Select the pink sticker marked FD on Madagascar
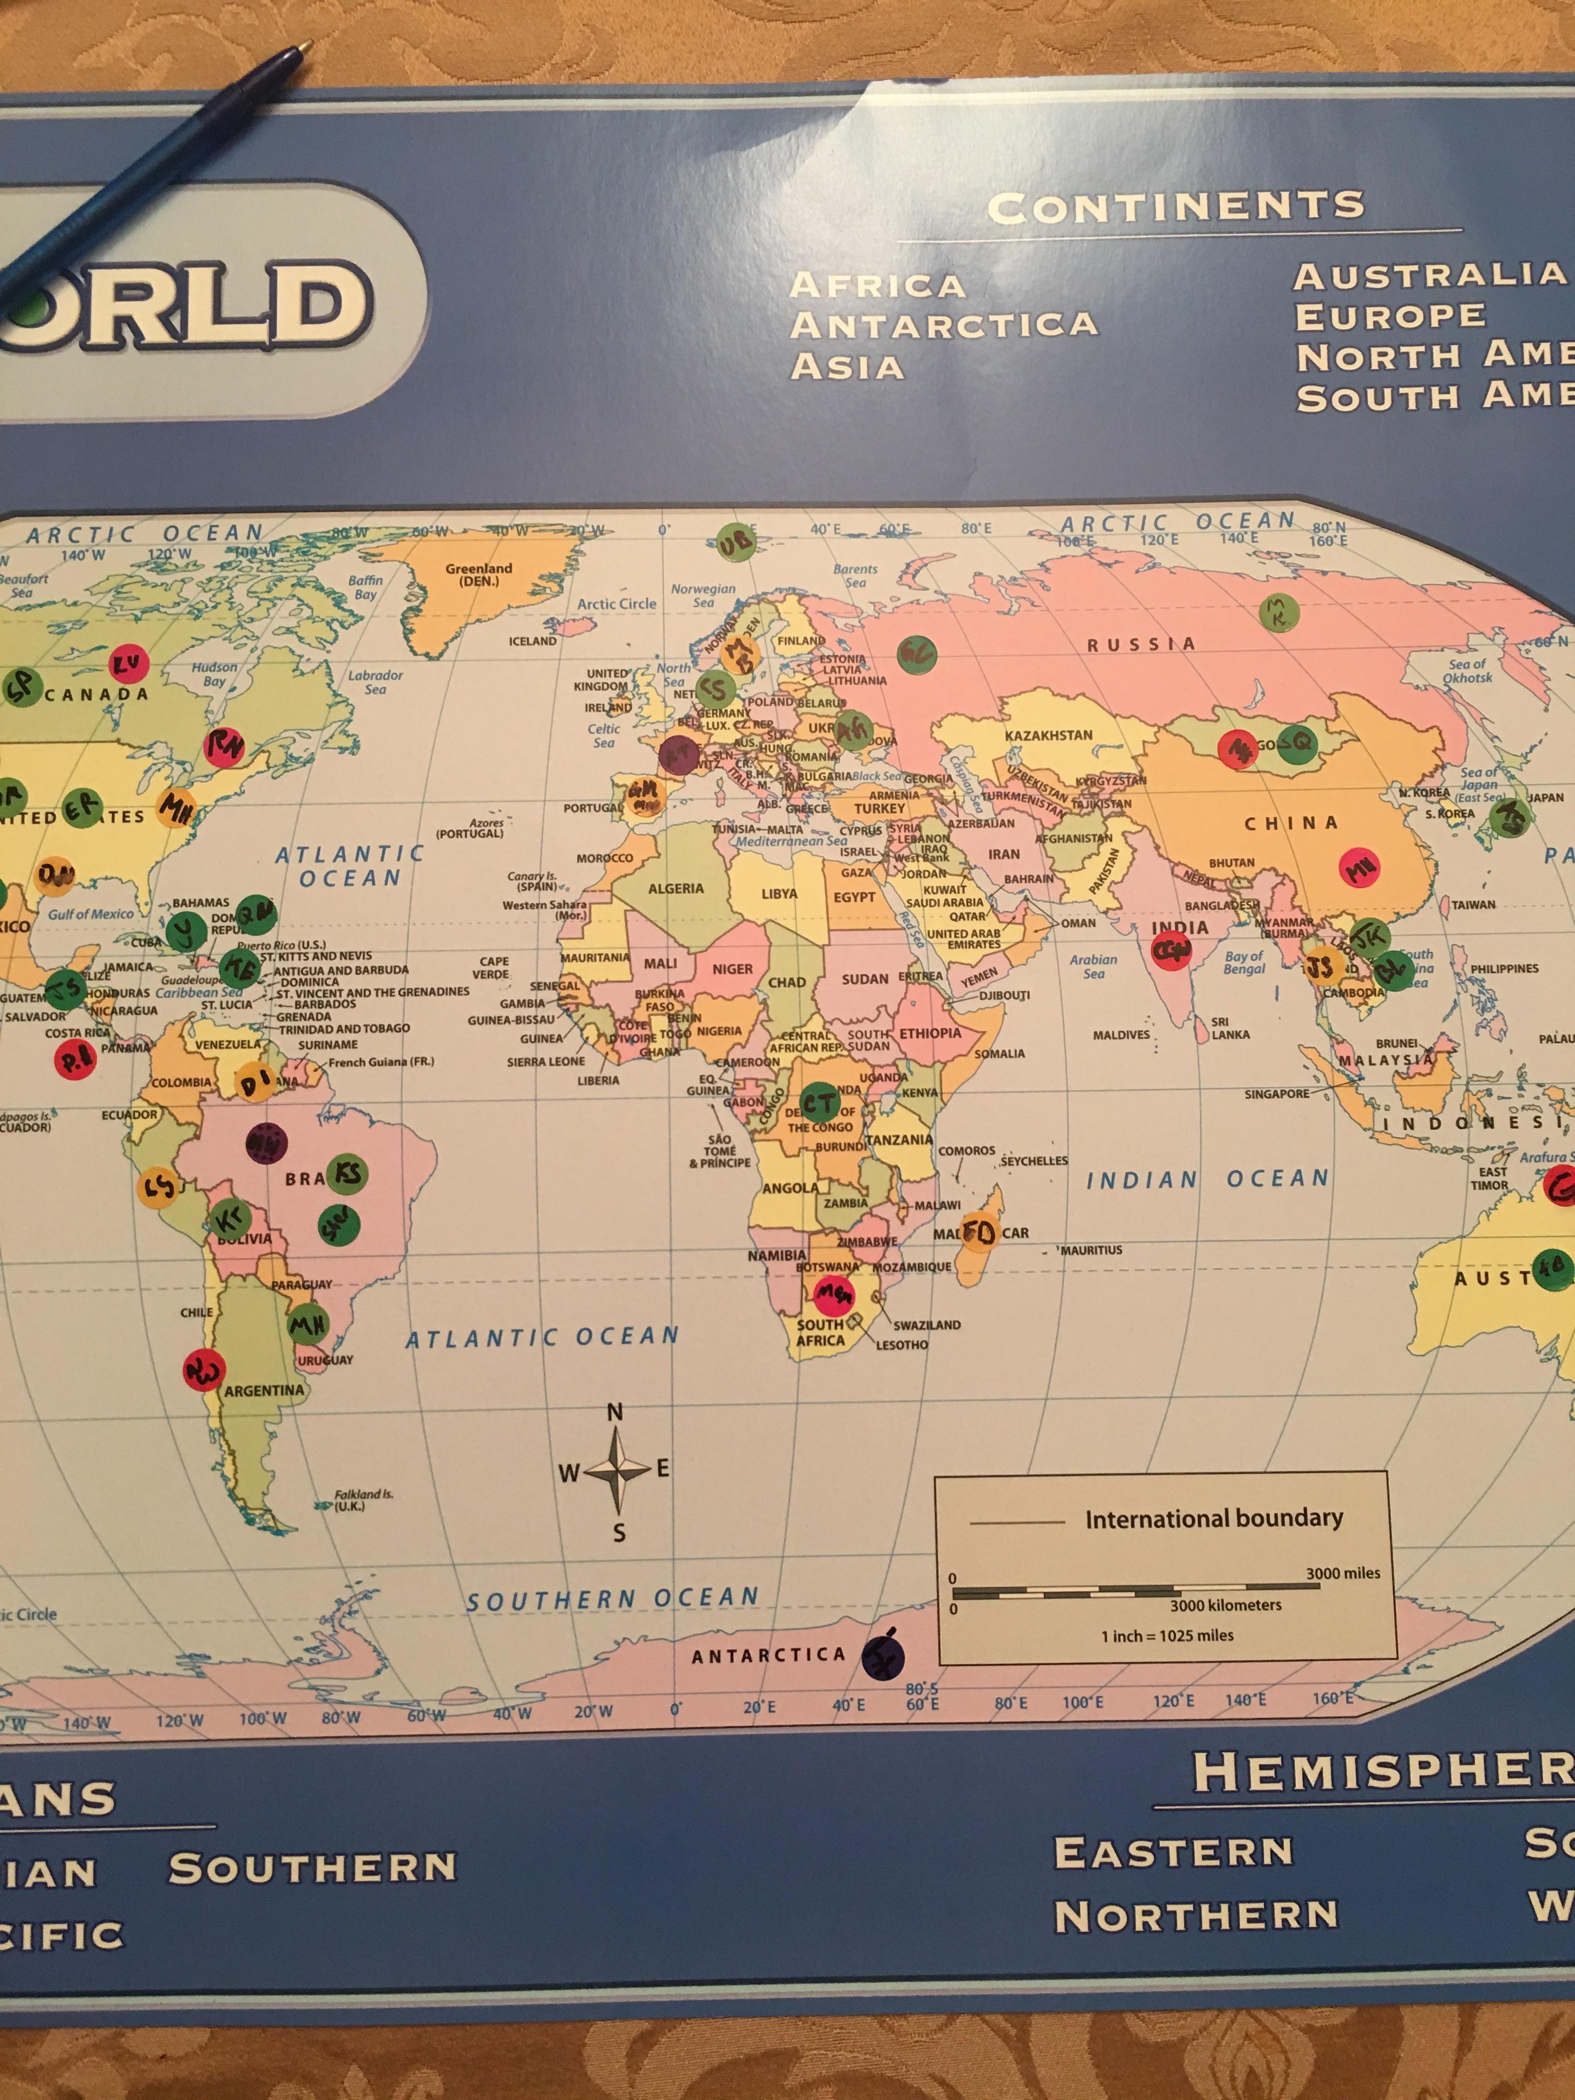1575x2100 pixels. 979,1232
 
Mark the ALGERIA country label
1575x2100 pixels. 676,889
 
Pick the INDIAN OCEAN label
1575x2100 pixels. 1207,1179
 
